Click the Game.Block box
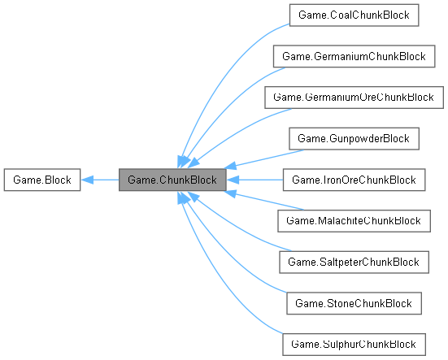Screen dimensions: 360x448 point(41,180)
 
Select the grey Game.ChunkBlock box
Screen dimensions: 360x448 point(172,180)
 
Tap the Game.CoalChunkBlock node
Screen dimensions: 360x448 point(353,15)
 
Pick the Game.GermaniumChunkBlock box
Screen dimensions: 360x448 point(353,56)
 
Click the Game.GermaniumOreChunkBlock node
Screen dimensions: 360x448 point(353,98)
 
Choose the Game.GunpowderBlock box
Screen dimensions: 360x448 point(353,139)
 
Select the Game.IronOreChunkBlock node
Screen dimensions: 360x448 point(353,180)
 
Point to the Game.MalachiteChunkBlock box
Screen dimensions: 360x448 point(353,221)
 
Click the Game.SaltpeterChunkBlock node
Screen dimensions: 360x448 point(353,262)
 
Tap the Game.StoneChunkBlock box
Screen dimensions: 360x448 point(353,303)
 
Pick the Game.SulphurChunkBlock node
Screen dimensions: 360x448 point(353,345)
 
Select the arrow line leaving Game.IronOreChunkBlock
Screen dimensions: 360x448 point(256,180)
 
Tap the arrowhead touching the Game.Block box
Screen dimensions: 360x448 point(87,180)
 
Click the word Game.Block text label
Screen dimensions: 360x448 point(41,180)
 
